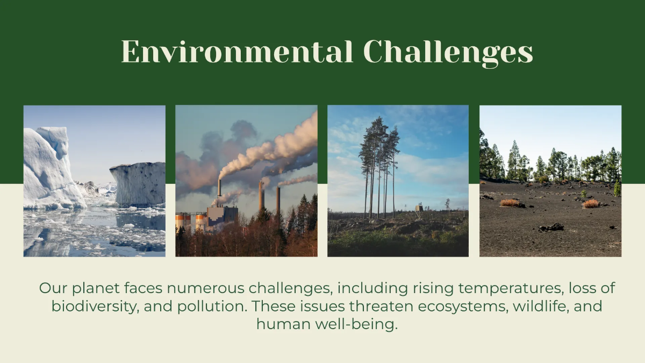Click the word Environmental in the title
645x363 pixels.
pyautogui.click(x=236, y=52)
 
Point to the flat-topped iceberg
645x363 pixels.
pyautogui.click(x=138, y=183)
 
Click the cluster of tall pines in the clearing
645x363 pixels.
pyautogui.click(x=379, y=161)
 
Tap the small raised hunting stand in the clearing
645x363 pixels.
pyautogui.click(x=419, y=208)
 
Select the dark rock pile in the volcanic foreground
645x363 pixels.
pyautogui.click(x=551, y=227)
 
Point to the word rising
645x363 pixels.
pyautogui.click(x=430, y=288)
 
